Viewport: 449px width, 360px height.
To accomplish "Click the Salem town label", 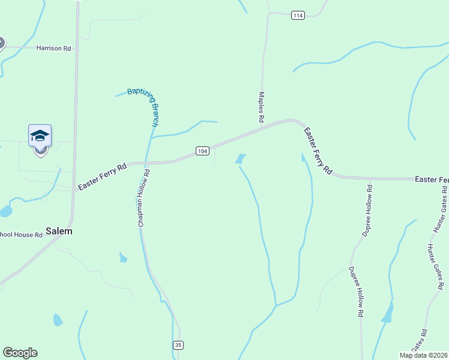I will (59, 231).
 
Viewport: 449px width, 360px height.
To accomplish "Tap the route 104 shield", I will (202, 151).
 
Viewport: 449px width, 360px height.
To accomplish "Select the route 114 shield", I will (298, 15).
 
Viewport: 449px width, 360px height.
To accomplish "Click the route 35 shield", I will (178, 345).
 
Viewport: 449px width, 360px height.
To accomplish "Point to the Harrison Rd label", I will (53, 48).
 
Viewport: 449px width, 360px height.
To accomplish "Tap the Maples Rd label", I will (261, 107).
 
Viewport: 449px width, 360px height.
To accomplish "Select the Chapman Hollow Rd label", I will (144, 197).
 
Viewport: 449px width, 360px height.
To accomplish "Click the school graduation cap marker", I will (40, 136).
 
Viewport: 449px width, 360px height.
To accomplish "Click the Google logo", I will (20, 353).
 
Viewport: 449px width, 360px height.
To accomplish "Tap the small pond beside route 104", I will (240, 159).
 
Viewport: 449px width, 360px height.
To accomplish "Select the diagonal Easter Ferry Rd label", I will (318, 151).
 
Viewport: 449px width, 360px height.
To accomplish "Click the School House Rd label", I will (21, 235).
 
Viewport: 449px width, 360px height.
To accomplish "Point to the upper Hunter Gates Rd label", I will (441, 210).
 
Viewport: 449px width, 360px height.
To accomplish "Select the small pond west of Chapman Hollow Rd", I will (123, 258).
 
